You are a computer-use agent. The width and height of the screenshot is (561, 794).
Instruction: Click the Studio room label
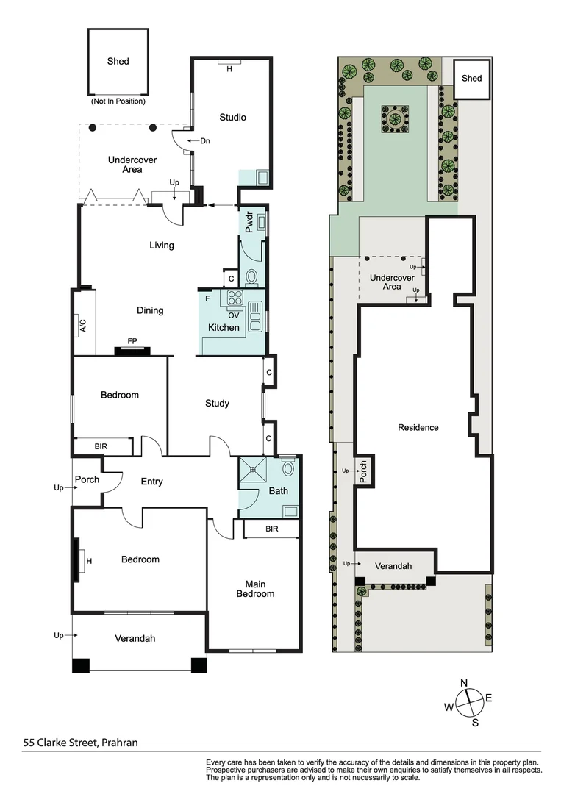(232, 118)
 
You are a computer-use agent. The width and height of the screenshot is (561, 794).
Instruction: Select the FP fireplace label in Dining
(132, 342)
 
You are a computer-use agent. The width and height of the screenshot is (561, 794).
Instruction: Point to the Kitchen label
(224, 327)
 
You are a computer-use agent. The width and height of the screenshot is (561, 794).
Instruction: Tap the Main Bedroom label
(254, 589)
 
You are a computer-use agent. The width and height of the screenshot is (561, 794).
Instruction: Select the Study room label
(217, 403)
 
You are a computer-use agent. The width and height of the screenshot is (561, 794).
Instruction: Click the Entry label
(151, 482)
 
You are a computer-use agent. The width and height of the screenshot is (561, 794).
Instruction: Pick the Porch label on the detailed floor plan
(87, 480)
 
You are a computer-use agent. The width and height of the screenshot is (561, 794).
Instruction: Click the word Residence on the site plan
(418, 427)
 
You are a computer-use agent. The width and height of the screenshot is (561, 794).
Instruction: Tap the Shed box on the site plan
(471, 79)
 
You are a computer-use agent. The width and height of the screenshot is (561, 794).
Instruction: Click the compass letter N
(464, 683)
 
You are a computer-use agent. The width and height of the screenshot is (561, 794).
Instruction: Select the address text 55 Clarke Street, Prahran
(80, 743)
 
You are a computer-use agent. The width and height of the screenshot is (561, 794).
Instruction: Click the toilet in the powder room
(251, 277)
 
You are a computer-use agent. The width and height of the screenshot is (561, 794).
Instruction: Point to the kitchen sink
(255, 316)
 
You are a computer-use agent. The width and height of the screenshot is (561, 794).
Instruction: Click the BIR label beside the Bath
(271, 529)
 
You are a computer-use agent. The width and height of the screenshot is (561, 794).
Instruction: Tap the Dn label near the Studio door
(195, 140)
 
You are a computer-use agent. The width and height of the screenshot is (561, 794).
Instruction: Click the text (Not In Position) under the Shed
(118, 101)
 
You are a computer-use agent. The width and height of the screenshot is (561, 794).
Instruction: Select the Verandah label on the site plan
(393, 566)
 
